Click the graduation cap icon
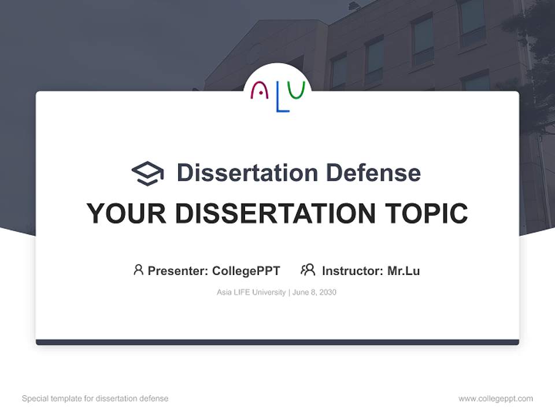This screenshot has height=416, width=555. click(147, 173)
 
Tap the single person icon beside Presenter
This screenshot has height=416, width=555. click(138, 270)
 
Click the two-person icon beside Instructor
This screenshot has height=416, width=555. click(308, 270)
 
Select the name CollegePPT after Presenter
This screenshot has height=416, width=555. click(246, 271)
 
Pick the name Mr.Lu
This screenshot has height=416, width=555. click(404, 271)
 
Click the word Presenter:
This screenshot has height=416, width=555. click(178, 271)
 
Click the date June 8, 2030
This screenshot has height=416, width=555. click(314, 292)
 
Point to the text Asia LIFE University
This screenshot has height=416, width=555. click(251, 292)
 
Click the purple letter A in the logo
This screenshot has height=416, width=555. click(260, 91)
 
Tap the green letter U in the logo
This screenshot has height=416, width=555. click(296, 90)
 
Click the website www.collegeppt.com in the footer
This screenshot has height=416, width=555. click(495, 399)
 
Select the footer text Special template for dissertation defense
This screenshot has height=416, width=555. click(95, 399)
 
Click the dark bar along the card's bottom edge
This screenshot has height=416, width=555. click(277, 342)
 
